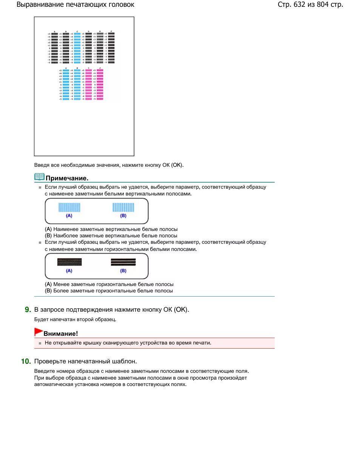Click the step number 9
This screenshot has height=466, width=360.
point(28,310)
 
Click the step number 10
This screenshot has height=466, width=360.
point(26,361)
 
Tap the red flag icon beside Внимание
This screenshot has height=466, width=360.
point(38,332)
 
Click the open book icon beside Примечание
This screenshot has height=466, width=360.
point(39,177)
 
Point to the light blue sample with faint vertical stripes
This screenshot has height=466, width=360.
point(69,207)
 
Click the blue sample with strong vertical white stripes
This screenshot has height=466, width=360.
point(123,207)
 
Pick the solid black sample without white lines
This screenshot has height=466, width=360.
point(69,262)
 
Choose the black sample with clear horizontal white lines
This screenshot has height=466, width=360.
point(123,262)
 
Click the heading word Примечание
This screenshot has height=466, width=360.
point(67,178)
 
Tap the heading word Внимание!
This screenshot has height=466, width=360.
point(61,334)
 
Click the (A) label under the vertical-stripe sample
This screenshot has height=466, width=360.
point(69,216)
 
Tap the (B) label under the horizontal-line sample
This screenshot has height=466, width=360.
point(123,271)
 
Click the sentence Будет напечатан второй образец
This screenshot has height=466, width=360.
point(75,320)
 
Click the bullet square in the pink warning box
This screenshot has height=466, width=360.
point(40,343)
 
